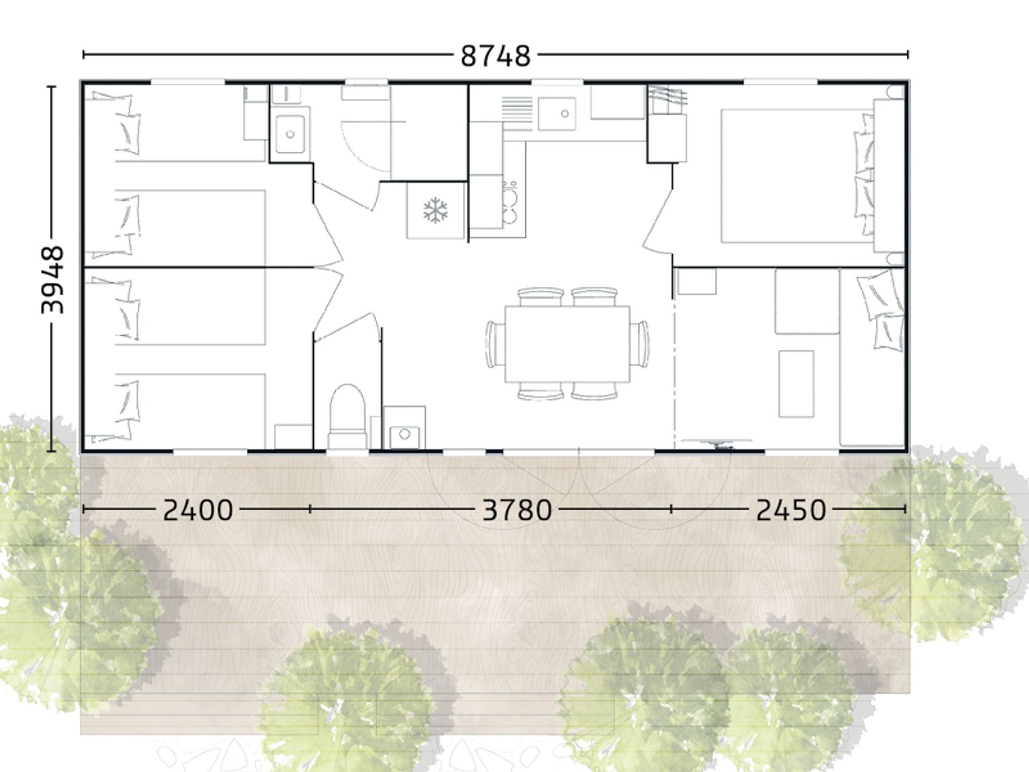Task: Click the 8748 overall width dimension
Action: (496, 56)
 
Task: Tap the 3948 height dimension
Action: (53, 279)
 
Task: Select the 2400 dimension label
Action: (198, 510)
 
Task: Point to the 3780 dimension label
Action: (517, 510)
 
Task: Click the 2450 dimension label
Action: (791, 510)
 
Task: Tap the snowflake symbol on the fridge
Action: (435, 211)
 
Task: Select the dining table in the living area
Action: (567, 344)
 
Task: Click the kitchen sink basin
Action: (557, 114)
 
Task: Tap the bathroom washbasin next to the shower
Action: (290, 134)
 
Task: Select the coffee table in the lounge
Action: (796, 384)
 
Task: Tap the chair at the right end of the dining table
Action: (640, 344)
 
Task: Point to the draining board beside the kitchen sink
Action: (517, 114)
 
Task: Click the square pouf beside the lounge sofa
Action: (807, 301)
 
